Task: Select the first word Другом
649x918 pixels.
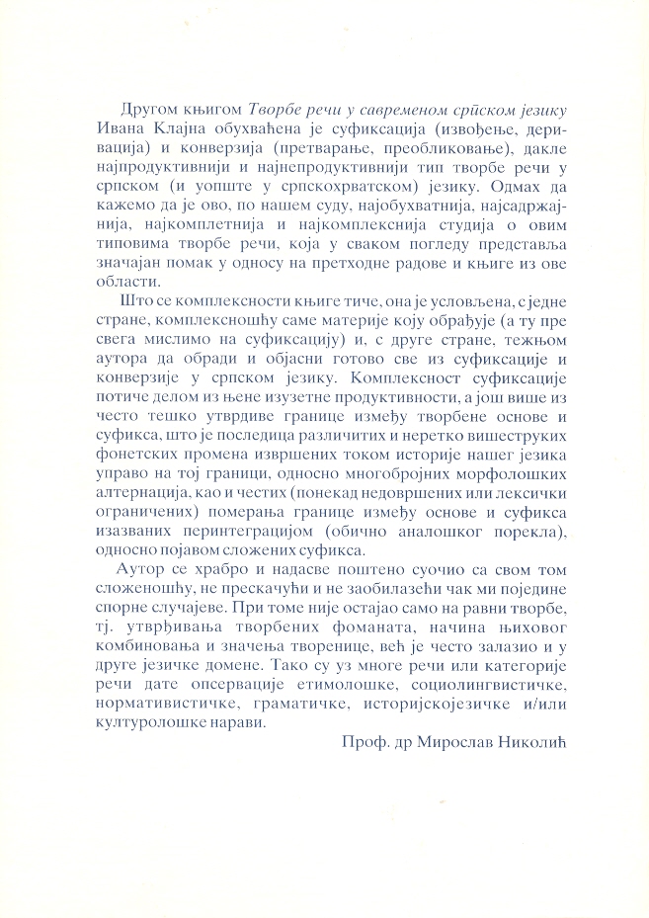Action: pos(146,106)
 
